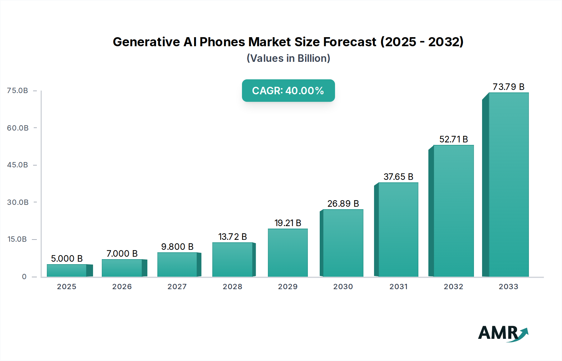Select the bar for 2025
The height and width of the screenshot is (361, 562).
[x=67, y=270]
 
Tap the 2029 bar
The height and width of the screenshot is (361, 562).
[x=288, y=253]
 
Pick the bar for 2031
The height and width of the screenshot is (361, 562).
[x=398, y=230]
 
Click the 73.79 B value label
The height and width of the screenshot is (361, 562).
[x=508, y=87]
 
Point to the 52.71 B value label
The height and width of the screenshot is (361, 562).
[x=453, y=139]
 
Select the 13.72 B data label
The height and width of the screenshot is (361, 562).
[x=232, y=237]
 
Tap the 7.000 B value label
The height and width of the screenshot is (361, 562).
[x=122, y=254]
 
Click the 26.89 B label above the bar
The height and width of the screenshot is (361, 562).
[x=343, y=204]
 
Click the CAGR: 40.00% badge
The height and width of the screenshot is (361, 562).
[x=288, y=91]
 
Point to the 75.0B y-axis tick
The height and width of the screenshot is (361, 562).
[x=17, y=91]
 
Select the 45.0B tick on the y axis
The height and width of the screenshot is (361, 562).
[x=17, y=165]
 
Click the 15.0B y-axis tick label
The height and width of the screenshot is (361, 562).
[x=17, y=239]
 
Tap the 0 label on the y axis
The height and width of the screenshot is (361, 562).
[x=24, y=277]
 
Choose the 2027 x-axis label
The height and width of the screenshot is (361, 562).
[x=177, y=287]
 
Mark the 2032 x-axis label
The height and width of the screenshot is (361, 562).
[x=453, y=287]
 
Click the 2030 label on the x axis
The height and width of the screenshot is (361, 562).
[x=343, y=287]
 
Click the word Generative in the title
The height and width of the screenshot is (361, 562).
[x=146, y=42]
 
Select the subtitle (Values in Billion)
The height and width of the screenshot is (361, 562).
[x=288, y=58]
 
